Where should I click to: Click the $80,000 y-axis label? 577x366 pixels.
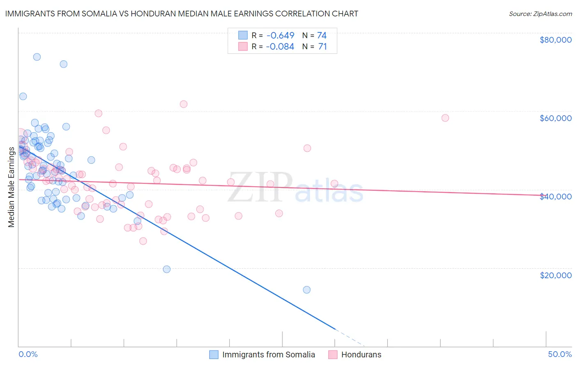(x=555, y=40)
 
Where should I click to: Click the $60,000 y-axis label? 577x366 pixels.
(x=555, y=118)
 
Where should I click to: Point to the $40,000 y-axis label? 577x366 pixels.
(x=555, y=197)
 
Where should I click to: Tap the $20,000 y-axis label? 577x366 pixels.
(x=555, y=275)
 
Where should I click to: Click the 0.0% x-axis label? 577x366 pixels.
(x=28, y=354)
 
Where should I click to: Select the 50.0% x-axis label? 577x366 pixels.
(x=560, y=354)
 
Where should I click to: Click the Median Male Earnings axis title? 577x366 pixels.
(x=11, y=187)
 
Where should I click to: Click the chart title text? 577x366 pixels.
(x=181, y=14)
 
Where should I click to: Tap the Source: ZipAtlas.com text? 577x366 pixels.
(x=540, y=14)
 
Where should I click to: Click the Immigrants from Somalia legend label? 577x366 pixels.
(x=268, y=355)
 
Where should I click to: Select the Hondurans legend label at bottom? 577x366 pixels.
(x=361, y=355)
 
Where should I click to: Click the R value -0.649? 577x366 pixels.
(x=280, y=35)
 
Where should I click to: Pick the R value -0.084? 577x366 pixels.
(x=280, y=47)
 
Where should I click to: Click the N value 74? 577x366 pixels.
(x=322, y=35)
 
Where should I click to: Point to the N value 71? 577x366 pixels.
(x=323, y=47)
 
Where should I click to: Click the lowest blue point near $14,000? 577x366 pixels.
(x=307, y=290)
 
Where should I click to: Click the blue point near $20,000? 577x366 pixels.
(x=167, y=269)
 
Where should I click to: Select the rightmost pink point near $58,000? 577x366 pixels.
(x=445, y=118)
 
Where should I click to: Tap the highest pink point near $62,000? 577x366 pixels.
(x=183, y=104)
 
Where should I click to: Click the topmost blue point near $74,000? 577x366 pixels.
(x=37, y=57)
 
